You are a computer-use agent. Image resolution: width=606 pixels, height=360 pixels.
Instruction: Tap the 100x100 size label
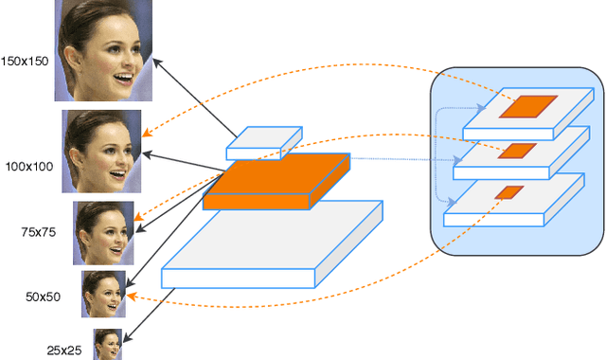pos(27,167)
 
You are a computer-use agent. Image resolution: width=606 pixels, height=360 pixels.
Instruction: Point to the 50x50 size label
pos(44,297)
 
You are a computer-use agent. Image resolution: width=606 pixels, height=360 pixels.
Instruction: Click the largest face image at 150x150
pos(103,50)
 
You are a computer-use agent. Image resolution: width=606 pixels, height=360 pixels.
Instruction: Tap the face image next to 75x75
pos(102,233)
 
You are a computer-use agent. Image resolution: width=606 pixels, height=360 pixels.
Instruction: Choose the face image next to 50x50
pos(103,294)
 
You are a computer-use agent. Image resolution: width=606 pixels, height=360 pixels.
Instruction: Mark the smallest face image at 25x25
pos(108,344)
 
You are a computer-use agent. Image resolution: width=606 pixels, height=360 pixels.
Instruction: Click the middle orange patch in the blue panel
pos(518,151)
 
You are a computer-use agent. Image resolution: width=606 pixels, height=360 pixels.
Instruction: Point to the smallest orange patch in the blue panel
pos(508,193)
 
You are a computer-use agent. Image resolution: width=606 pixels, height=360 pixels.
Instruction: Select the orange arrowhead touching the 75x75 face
pos(138,219)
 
